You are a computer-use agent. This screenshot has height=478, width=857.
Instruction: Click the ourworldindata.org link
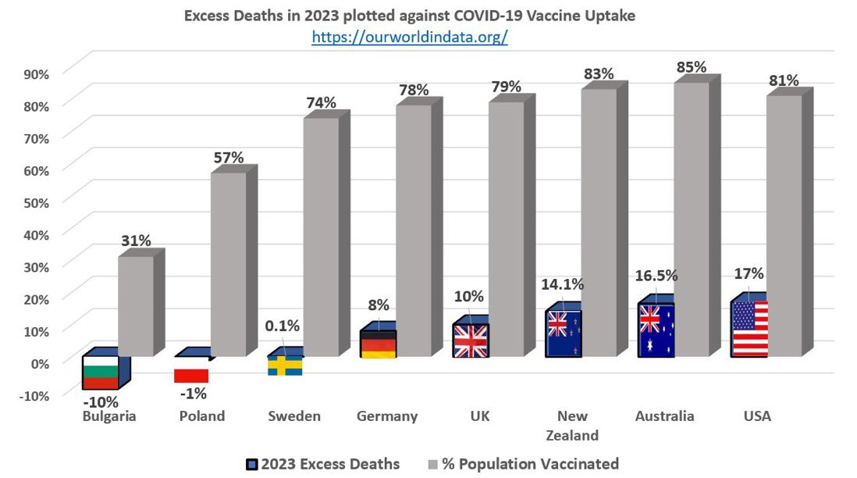410,37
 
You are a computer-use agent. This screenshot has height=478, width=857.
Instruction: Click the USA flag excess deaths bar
749,329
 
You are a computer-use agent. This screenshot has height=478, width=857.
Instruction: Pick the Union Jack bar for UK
471,341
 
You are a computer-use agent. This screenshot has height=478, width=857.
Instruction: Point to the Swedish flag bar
285,366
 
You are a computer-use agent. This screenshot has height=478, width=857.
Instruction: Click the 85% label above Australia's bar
692,67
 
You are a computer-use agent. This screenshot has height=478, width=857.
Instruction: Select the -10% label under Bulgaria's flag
101,402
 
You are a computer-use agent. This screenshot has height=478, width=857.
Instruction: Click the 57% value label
229,158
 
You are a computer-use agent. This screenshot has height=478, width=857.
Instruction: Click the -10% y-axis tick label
32,394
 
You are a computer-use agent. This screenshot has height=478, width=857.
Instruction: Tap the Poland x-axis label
201,416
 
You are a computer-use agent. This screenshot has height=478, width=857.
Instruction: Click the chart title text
410,15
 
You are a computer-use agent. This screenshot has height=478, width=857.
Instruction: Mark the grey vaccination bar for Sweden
321,234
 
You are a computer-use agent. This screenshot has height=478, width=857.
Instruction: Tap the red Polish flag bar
191,376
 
